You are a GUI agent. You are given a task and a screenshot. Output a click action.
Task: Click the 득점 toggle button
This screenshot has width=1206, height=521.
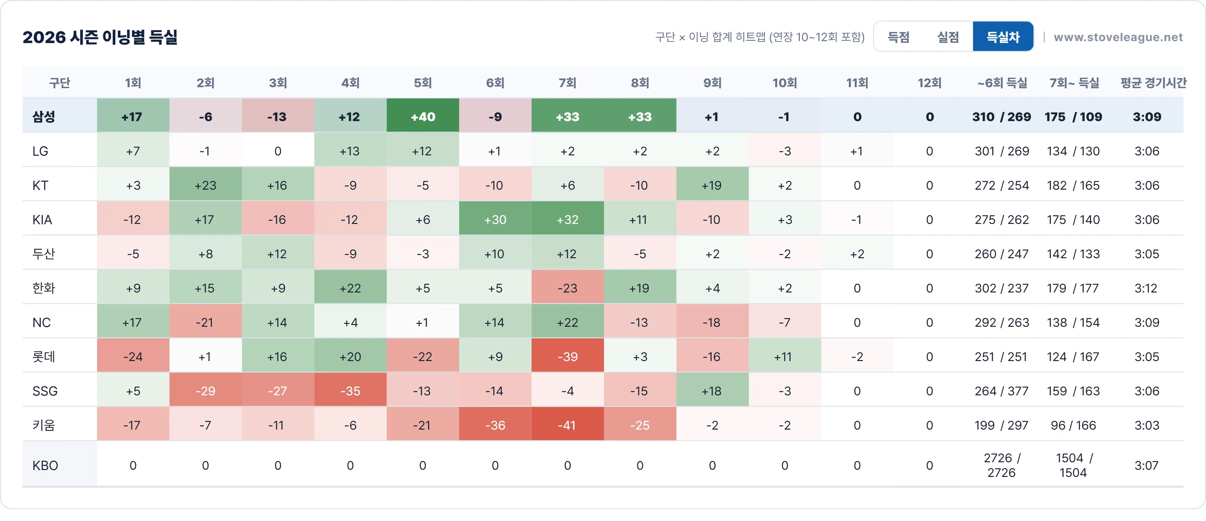coord(898,37)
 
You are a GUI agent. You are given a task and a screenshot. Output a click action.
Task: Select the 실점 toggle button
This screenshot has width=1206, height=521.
coord(948,37)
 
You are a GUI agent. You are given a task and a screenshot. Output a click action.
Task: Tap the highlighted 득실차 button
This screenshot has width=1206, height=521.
coord(1003,37)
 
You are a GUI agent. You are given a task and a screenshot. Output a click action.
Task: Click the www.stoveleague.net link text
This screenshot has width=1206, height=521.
coord(1118,37)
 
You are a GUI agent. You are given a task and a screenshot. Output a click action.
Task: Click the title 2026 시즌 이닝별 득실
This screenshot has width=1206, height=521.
coord(100,37)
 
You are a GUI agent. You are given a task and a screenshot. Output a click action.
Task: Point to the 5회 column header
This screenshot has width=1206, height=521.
coord(423,83)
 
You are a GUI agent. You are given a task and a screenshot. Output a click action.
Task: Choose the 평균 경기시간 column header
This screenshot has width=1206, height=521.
coord(1153,83)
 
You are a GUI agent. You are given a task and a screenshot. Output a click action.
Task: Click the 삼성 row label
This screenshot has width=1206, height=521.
coord(43,117)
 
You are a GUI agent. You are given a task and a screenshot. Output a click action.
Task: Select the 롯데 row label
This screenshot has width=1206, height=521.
coord(43,356)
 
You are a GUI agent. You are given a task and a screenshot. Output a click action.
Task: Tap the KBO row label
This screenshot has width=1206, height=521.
coord(45,466)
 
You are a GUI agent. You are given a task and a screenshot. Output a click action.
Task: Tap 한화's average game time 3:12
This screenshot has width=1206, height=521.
coord(1146,288)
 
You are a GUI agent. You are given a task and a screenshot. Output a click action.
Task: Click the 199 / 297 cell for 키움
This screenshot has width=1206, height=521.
coord(1001,425)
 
